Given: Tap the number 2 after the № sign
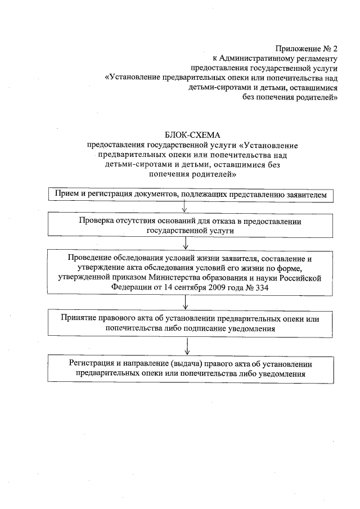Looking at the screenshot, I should point(334,48).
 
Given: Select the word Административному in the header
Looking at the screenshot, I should point(256,58).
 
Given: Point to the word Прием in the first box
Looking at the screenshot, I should point(66,194).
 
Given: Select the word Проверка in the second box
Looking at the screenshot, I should point(96,221).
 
